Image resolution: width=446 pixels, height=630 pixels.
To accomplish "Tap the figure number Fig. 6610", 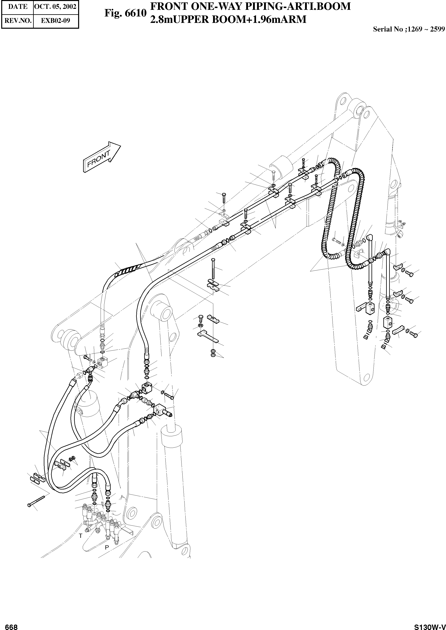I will (125, 13).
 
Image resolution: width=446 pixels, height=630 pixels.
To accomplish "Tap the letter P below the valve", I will (107, 547).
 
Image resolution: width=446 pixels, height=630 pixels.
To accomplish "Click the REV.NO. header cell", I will (18, 21).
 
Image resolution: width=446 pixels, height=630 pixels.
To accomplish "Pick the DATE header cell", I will (18, 7).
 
